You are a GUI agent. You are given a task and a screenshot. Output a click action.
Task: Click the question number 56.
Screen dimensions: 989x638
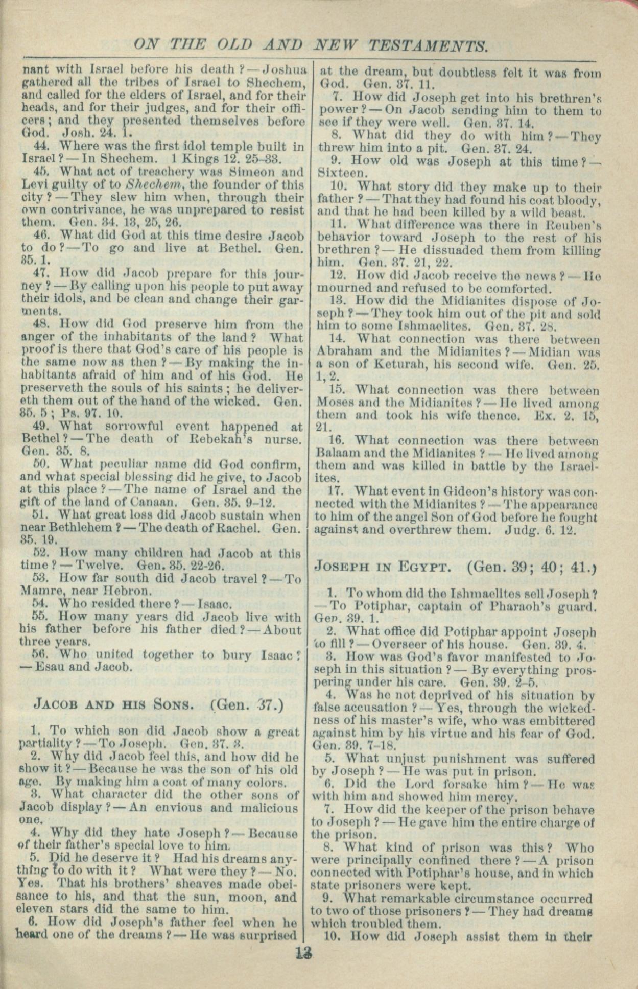[39, 654]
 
